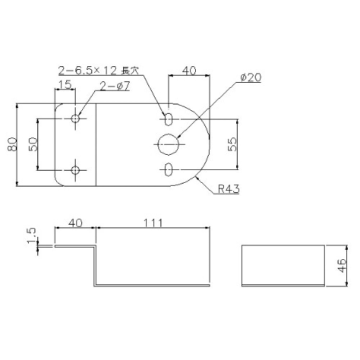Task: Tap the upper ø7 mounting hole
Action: coord(76,117)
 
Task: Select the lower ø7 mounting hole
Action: coord(76,171)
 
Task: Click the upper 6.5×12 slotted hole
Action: coord(168,118)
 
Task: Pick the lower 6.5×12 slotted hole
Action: coord(168,170)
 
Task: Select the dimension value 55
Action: coord(232,144)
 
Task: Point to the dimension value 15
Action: coord(65,85)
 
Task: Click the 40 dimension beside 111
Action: coord(75,223)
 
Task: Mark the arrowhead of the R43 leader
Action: coord(197,174)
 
